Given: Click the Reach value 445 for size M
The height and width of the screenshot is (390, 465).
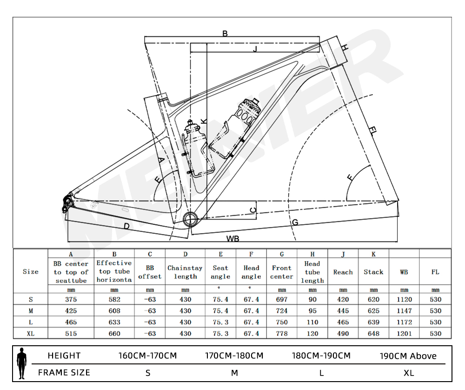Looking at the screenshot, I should [x=343, y=311].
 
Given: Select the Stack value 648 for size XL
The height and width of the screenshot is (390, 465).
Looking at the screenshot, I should [x=373, y=334].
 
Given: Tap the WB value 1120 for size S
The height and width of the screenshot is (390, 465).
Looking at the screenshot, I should [x=404, y=300].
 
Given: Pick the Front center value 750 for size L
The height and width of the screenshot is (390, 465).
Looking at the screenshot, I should [x=282, y=322].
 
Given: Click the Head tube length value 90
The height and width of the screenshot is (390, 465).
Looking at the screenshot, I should [x=312, y=300].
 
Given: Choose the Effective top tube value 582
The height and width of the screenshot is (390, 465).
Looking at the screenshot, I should [x=114, y=300].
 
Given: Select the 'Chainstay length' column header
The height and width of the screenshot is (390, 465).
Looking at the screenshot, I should [x=185, y=272].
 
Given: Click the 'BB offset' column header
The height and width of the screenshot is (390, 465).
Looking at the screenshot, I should [x=150, y=272].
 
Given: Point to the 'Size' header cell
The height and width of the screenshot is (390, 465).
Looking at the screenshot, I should [x=31, y=272].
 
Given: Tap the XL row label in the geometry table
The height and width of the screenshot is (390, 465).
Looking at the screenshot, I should [x=31, y=334].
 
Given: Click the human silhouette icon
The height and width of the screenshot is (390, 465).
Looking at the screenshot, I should [x=21, y=363].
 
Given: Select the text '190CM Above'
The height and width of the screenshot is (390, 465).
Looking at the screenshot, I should [x=408, y=356].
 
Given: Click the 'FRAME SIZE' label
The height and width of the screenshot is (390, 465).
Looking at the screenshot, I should [x=64, y=373].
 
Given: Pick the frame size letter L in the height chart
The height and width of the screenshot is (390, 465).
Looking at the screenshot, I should [x=321, y=373].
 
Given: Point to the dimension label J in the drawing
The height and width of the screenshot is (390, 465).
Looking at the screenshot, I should [x=255, y=49].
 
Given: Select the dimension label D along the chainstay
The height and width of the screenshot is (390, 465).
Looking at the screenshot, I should [x=126, y=226].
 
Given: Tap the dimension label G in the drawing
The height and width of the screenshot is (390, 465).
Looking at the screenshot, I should [x=294, y=223].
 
